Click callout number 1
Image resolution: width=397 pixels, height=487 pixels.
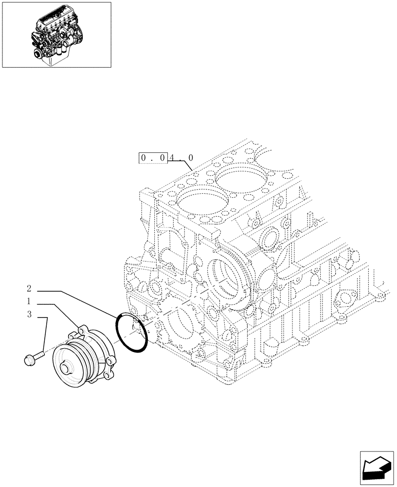click(x=29, y=301)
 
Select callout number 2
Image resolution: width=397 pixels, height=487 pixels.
click(x=29, y=288)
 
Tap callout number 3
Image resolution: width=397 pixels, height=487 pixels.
click(x=29, y=315)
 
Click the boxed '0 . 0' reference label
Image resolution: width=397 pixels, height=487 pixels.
click(x=153, y=157)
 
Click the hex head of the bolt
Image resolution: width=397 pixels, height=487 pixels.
click(x=28, y=360)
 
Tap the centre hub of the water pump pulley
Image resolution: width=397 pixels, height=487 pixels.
click(x=65, y=367)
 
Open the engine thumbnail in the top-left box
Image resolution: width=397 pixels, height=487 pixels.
click(x=56, y=35)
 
